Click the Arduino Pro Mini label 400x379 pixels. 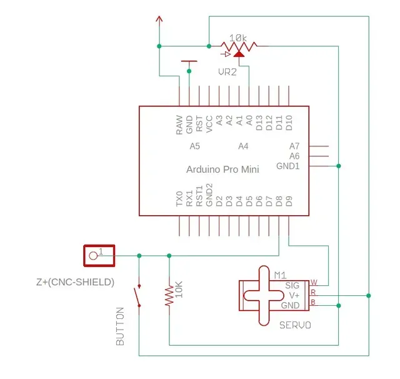pos(222,169)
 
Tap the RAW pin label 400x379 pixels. pos(179,125)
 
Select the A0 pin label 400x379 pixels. pos(249,121)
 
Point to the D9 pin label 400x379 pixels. pos(289,201)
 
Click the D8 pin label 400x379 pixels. pos(279,201)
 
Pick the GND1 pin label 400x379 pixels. pos(287,166)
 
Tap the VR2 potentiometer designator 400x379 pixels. pos(227,72)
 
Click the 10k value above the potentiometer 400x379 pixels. pos(238,38)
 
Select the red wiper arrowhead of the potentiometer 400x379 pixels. pos(239,54)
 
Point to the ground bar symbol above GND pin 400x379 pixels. pos(189,61)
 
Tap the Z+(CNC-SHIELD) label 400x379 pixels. pos(75,282)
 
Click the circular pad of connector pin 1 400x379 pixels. pos(93,255)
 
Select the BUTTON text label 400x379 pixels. pos(120,326)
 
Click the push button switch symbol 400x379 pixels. pos(137,296)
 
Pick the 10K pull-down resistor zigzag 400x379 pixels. pos(169,296)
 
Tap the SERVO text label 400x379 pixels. pos(295,325)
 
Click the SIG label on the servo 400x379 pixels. pos(292,285)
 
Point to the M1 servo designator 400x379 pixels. pos(280,275)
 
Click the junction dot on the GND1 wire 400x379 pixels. pos(339,166)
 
